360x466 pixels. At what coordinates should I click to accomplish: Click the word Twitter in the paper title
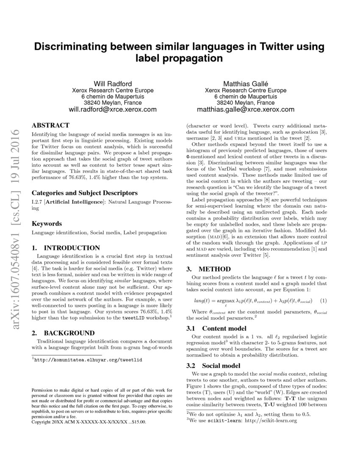click(255, 46)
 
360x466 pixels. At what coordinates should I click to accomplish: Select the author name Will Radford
click(112, 83)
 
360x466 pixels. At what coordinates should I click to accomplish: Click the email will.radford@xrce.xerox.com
click(112, 109)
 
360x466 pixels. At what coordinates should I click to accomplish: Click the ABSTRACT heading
click(51, 125)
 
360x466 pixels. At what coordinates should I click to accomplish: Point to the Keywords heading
click(47, 223)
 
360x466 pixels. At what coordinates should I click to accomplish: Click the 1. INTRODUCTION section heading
click(66, 248)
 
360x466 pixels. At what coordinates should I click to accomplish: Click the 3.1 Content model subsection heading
click(216, 328)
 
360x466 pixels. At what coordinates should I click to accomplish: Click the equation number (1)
click(323, 301)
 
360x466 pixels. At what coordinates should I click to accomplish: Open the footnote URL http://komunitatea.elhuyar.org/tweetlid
click(89, 359)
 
